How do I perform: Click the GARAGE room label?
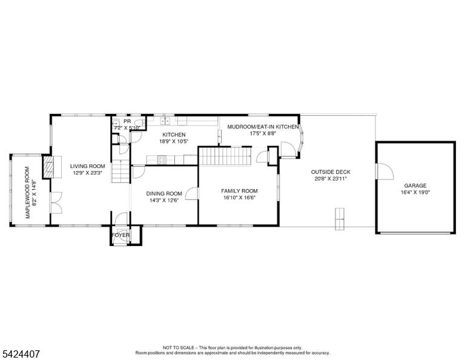(x=415, y=186)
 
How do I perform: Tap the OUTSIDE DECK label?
(x=331, y=172)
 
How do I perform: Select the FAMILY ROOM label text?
(x=239, y=191)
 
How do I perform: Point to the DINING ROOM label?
(x=164, y=194)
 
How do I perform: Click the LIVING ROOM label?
(x=87, y=166)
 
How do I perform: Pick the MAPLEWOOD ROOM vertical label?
(x=28, y=192)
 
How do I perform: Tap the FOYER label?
(x=120, y=235)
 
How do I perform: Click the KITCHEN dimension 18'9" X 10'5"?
(x=174, y=142)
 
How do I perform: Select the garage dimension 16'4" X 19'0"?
(x=415, y=192)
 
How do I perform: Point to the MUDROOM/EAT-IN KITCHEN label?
(x=263, y=127)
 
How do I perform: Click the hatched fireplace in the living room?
(x=48, y=167)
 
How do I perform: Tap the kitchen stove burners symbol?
(x=162, y=160)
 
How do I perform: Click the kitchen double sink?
(x=165, y=121)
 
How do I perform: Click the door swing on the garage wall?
(x=385, y=172)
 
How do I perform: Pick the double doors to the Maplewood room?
(x=56, y=202)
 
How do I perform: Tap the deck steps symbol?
(x=340, y=219)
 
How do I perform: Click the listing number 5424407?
(x=21, y=354)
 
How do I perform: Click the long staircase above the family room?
(x=225, y=156)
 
